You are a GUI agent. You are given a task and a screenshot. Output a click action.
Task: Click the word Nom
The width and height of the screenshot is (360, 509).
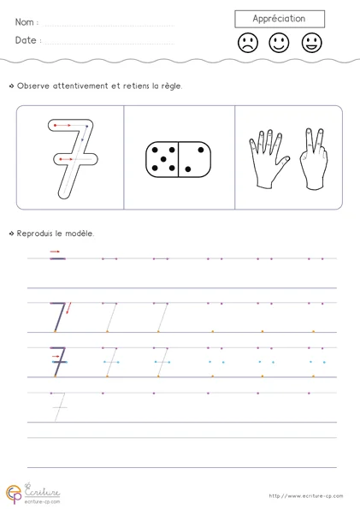tap(24, 22)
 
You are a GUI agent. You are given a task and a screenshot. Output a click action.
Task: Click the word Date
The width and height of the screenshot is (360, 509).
tap(26, 40)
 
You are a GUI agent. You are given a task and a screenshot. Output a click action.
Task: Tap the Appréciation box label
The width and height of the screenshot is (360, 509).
tap(279, 19)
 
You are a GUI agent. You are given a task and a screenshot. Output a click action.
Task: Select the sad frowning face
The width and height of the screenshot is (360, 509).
tap(248, 43)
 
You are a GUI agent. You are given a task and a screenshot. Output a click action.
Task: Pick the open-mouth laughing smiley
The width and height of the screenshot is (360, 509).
tap(311, 43)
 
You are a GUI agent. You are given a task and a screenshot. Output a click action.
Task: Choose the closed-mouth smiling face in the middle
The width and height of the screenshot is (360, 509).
tap(279, 43)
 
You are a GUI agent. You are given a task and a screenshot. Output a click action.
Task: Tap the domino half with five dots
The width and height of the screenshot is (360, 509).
tap(162, 159)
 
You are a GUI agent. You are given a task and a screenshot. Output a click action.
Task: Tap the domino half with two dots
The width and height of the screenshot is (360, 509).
tap(195, 159)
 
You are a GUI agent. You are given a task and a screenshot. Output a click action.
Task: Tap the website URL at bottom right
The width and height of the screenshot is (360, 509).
tap(306, 495)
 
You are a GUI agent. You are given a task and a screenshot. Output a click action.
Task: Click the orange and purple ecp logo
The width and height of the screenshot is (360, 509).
tap(14, 494)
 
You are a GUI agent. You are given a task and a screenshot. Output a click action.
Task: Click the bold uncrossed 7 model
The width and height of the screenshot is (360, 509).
tap(58, 317)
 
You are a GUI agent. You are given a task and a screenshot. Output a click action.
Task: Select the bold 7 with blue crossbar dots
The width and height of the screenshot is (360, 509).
tap(58, 362)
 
